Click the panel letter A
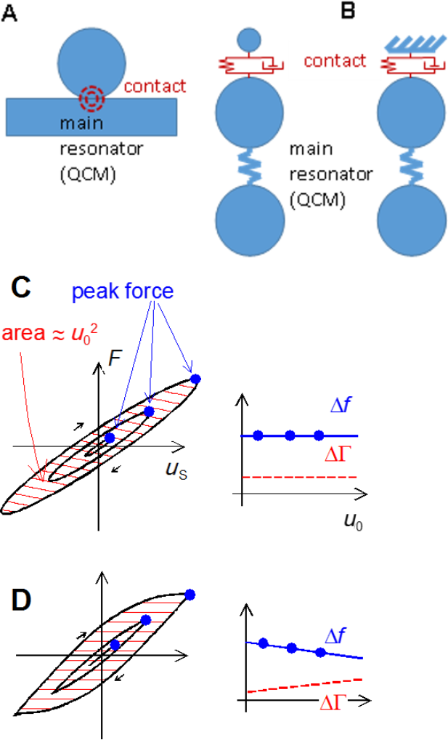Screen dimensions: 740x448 click(10, 14)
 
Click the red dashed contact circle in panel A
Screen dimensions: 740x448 click(92, 96)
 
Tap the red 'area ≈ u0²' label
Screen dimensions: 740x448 click(54, 334)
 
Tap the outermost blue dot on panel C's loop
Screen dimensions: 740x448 click(195, 379)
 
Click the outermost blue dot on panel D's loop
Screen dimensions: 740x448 click(190, 595)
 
